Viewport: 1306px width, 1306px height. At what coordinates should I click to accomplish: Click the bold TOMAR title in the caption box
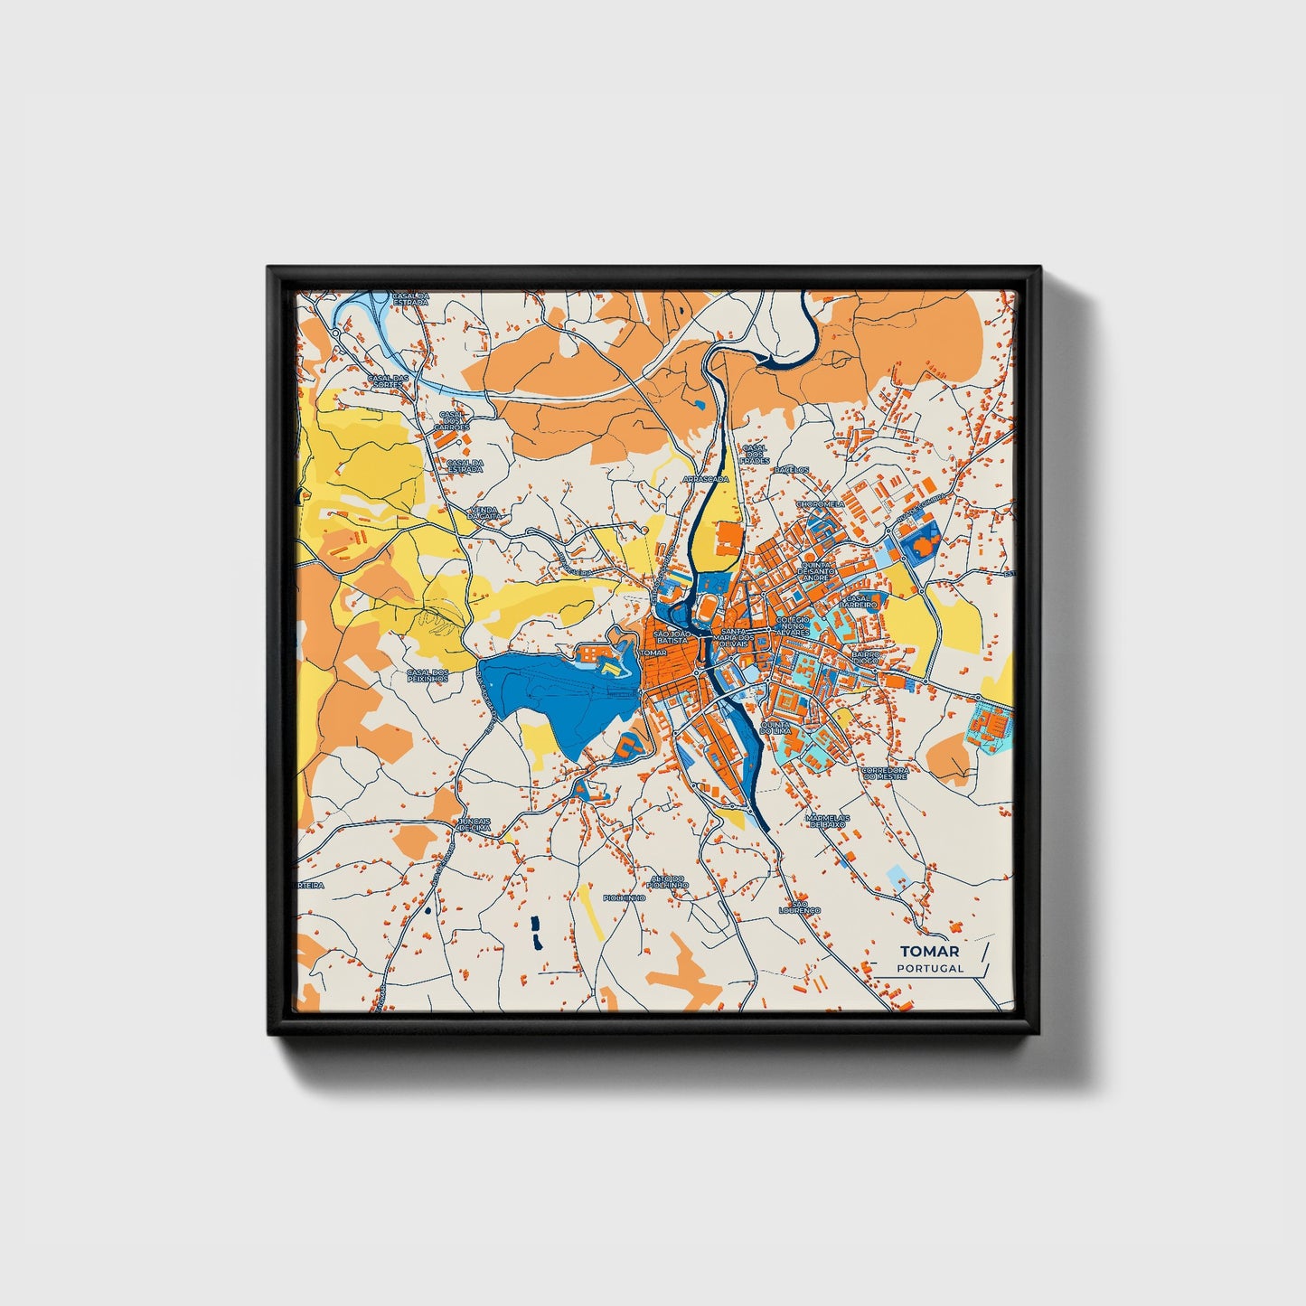(929, 951)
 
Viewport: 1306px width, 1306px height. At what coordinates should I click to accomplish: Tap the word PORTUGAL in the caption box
(930, 968)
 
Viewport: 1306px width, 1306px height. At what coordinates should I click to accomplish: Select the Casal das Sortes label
(390, 381)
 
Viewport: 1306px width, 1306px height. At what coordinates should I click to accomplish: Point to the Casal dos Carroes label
(451, 420)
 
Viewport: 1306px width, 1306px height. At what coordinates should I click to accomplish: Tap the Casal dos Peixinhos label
(428, 675)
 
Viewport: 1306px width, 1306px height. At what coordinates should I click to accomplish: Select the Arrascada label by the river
(705, 478)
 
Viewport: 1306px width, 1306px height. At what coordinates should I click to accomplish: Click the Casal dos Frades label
(755, 454)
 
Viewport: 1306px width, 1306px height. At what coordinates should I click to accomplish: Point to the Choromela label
(819, 503)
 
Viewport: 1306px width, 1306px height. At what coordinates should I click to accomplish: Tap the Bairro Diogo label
(865, 656)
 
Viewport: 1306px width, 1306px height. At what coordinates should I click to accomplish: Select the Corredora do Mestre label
(885, 774)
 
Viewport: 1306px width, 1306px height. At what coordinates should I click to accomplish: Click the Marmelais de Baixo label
(826, 820)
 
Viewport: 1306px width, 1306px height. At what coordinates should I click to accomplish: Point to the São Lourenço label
(799, 907)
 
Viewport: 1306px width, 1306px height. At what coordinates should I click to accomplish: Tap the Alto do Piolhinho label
(670, 881)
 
